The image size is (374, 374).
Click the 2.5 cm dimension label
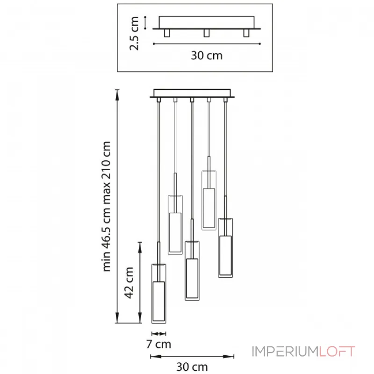coord(134,33)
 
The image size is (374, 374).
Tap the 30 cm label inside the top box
coord(207,55)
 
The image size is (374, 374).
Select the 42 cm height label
coord(129,283)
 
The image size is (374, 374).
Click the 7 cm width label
coord(158,344)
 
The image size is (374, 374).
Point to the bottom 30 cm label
coord(192,367)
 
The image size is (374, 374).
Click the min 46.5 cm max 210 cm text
coord(107,206)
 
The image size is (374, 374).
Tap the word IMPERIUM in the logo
coord(285,352)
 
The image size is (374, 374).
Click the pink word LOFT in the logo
coord(337,352)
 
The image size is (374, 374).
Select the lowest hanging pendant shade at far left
coord(158,294)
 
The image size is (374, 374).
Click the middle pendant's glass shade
coord(192,271)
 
